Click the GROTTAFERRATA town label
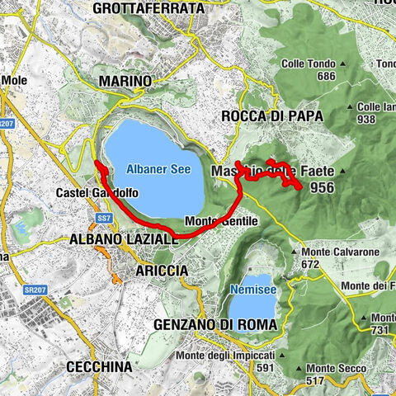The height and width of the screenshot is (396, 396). coord(148,8)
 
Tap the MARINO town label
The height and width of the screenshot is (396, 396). coord(125,81)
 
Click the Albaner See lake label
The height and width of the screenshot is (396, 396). coord(158,169)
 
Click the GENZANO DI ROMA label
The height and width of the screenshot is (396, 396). coord(215,324)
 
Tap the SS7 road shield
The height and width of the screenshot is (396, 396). coord(104,218)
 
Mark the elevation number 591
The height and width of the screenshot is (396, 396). coord(266,368)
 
